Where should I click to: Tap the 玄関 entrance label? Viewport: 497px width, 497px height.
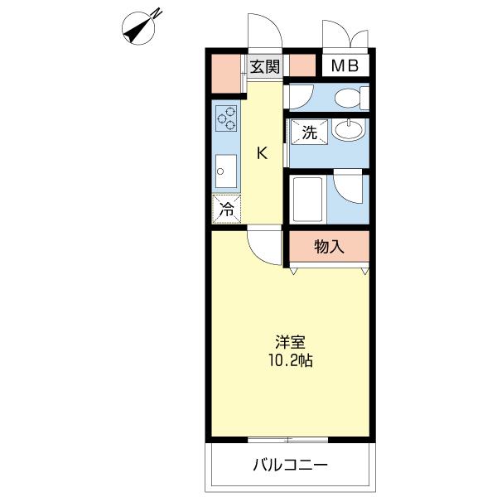(x=265, y=66)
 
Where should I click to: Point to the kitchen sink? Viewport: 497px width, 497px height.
(x=225, y=174)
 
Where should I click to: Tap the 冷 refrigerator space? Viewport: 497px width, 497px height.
(x=225, y=210)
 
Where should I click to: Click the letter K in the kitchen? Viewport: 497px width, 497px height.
(x=262, y=152)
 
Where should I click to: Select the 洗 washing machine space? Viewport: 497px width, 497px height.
(x=308, y=133)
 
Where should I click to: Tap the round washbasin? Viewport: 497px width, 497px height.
(x=351, y=131)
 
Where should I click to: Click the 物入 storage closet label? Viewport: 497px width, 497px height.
(x=328, y=246)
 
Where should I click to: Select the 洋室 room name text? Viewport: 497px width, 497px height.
(x=289, y=341)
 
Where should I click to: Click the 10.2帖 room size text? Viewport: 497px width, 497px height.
(x=289, y=361)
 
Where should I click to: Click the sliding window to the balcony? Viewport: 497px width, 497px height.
(x=289, y=439)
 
